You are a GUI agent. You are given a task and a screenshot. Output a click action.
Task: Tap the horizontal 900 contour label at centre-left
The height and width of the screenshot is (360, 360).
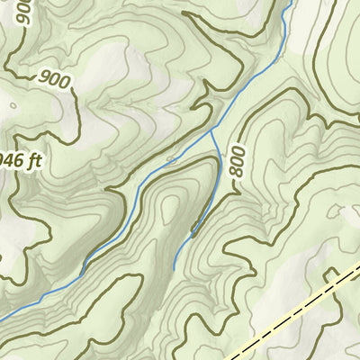[x=54, y=79]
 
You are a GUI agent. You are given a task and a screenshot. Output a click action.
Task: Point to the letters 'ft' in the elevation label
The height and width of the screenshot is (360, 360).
[x=34, y=162]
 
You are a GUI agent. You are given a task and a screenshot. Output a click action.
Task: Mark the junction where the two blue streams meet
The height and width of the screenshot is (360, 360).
[x=212, y=130]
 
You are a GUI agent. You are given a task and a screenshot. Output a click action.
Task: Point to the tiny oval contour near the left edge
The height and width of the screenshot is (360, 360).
[x=13, y=103]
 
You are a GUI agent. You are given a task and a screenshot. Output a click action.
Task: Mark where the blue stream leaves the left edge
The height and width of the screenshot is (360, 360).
[x=3, y=316]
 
